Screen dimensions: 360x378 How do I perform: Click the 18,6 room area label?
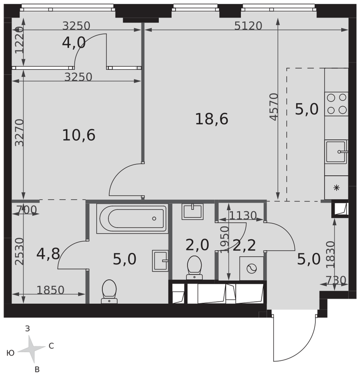(211, 119)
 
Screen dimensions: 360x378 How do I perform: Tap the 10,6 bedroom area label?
(79, 135)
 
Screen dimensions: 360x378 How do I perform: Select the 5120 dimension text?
(248, 26)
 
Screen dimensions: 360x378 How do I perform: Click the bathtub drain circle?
(154, 218)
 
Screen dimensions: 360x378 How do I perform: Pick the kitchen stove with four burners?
(337, 104)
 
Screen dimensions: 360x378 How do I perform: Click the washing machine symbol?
(251, 268)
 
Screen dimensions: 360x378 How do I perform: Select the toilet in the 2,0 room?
(194, 267)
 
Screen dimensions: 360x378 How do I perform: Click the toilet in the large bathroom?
(109, 291)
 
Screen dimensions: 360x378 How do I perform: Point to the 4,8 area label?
(48, 254)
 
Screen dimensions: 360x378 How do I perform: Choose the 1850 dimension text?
(50, 290)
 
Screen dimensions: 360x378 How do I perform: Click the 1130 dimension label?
(242, 215)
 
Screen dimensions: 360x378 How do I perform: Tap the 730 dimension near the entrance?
(336, 280)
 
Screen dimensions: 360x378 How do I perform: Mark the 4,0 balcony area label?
(74, 43)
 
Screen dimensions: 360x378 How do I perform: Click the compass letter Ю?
(10, 353)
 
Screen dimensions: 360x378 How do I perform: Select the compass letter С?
(51, 346)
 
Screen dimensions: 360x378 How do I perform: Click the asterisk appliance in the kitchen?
(337, 187)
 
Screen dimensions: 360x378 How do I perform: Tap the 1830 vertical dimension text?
(331, 254)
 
